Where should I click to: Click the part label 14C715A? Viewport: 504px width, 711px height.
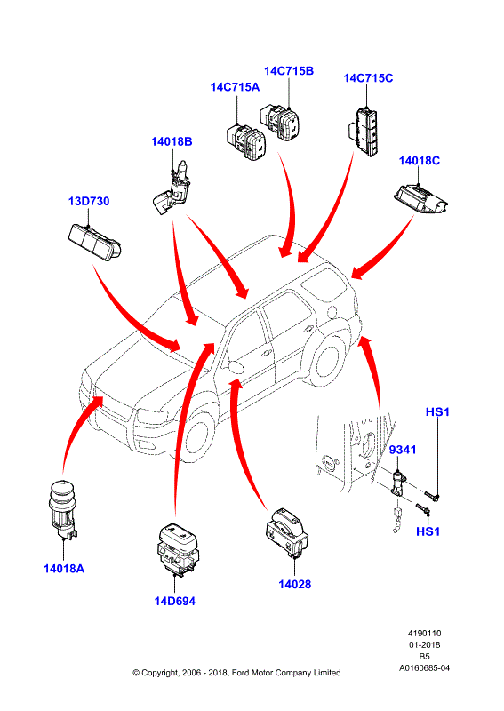(x=235, y=87)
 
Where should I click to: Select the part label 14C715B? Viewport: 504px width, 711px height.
(x=289, y=71)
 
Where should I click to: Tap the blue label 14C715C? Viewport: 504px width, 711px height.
(x=368, y=78)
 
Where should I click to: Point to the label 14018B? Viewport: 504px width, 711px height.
(x=172, y=141)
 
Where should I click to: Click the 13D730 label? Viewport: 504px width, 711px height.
(x=89, y=201)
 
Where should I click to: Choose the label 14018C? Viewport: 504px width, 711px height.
(x=420, y=161)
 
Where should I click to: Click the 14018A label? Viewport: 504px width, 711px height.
(x=64, y=568)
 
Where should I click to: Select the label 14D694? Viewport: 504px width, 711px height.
(x=174, y=602)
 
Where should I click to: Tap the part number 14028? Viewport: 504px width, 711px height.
(x=295, y=584)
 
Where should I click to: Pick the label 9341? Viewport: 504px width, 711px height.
(x=403, y=450)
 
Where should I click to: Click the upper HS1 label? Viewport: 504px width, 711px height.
(x=437, y=411)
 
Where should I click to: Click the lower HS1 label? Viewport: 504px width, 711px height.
(x=428, y=531)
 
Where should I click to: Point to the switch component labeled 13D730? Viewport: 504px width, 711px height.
(x=95, y=242)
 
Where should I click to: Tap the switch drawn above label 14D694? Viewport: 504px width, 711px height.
(x=177, y=549)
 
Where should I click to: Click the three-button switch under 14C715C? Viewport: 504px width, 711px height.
(x=364, y=131)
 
